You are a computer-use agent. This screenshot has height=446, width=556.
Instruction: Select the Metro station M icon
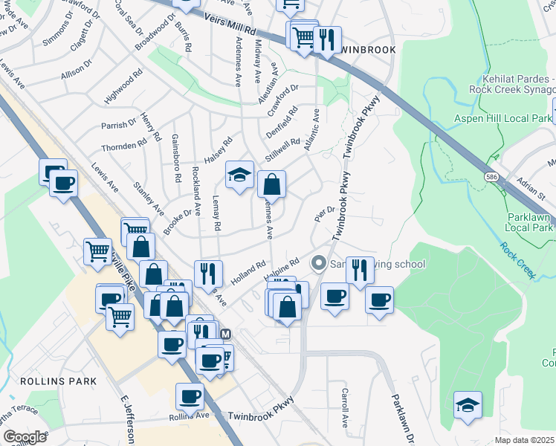click(226, 334)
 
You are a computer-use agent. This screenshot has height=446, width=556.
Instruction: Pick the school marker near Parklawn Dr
click(468, 405)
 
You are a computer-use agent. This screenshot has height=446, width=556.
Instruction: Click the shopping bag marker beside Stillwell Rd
click(272, 184)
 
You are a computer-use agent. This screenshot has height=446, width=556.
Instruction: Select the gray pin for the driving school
click(319, 263)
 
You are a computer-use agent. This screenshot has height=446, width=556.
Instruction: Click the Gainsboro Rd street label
click(176, 158)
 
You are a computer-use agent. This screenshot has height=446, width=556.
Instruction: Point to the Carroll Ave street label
click(345, 407)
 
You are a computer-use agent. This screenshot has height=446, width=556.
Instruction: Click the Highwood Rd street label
click(123, 87)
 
